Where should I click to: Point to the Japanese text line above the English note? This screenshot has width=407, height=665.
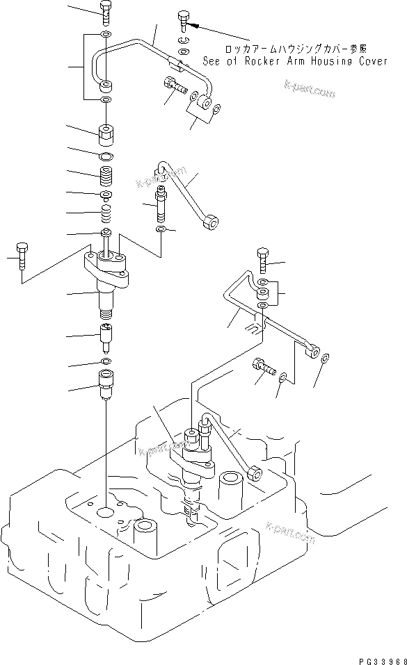[296, 49]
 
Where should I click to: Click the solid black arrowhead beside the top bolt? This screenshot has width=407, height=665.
[196, 26]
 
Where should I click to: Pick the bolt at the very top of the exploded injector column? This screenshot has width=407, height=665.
[104, 10]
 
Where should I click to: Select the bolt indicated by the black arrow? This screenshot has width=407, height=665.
[183, 20]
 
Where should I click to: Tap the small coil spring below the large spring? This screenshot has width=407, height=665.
[105, 211]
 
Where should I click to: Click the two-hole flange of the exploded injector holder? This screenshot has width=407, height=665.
[106, 265]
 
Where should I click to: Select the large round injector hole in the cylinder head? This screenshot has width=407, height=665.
[106, 513]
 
